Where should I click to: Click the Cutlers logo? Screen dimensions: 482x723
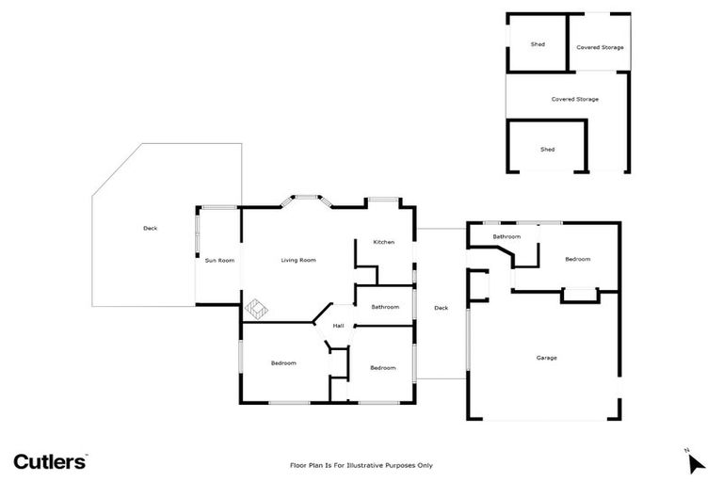click(50, 460)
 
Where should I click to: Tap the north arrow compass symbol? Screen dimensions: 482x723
click(696, 462)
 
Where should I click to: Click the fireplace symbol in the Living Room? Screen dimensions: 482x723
click(257, 307)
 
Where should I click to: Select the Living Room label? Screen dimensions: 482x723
click(298, 260)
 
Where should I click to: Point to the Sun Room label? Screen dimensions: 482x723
click(219, 260)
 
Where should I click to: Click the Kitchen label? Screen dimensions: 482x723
click(383, 242)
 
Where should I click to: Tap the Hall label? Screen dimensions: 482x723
click(338, 326)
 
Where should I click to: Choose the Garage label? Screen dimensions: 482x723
click(546, 358)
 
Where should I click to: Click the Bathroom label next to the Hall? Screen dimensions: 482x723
click(385, 307)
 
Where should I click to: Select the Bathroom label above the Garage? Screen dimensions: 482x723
click(506, 236)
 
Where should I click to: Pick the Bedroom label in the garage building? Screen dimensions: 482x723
click(577, 259)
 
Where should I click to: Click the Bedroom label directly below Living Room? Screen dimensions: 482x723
click(283, 363)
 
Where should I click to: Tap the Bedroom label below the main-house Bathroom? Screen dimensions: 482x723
click(382, 367)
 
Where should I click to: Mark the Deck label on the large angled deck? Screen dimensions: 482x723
click(150, 228)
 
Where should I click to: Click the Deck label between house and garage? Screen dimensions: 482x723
click(441, 308)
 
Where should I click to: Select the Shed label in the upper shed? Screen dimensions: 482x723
click(538, 44)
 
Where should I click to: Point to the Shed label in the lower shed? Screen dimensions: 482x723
click(547, 149)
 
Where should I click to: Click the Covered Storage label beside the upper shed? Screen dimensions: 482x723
click(600, 47)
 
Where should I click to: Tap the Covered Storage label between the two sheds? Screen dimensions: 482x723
click(574, 99)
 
